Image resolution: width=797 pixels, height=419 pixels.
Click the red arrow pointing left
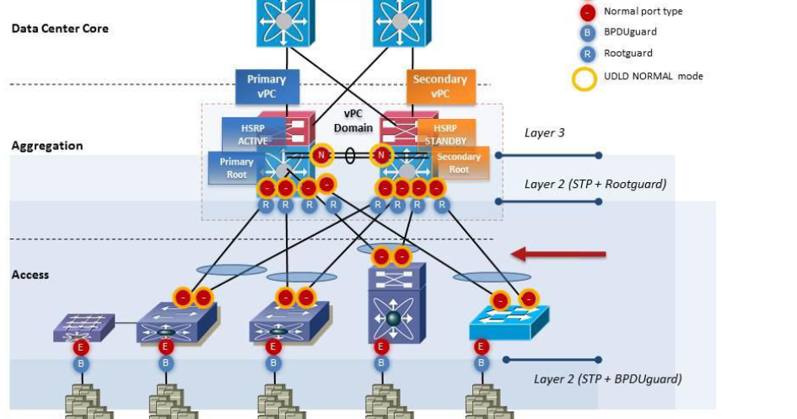pyautogui.click(x=559, y=254)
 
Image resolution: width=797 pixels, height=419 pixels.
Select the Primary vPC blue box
pyautogui.click(x=267, y=86)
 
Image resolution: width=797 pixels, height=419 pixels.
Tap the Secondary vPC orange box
pyautogui.click(x=439, y=86)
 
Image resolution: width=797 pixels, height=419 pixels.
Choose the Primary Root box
pyautogui.click(x=235, y=168)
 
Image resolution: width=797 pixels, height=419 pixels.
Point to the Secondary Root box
pyautogui.click(x=460, y=164)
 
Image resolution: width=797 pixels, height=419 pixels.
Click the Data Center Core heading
pyautogui.click(x=60, y=29)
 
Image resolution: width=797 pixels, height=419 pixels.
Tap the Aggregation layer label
pyautogui.click(x=47, y=146)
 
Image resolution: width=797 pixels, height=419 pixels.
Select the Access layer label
pyautogui.click(x=30, y=275)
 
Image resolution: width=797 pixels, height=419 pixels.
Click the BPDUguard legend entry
pyautogui.click(x=630, y=32)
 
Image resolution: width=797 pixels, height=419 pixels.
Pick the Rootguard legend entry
pyautogui.click(x=628, y=53)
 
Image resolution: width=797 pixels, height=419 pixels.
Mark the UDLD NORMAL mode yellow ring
pyautogui.click(x=587, y=77)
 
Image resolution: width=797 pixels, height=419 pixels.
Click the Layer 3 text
pyautogui.click(x=545, y=133)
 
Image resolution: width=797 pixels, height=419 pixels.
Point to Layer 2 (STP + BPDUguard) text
pyautogui.click(x=607, y=379)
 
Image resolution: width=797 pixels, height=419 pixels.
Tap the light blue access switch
pyautogui.click(x=509, y=320)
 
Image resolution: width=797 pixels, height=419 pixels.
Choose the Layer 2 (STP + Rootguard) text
pyautogui.click(x=595, y=184)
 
